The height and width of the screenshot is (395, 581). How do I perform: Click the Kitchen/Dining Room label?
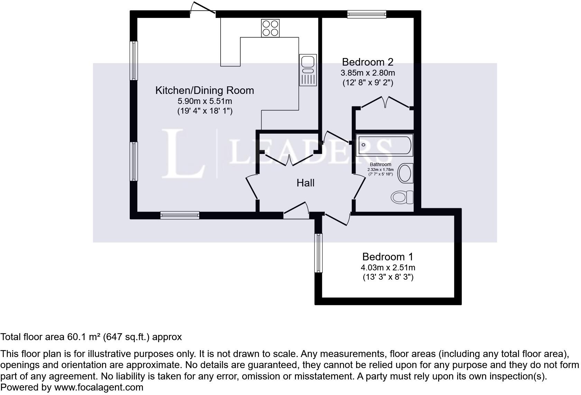[x=204, y=90]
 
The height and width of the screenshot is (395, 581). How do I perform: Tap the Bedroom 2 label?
[x=368, y=62]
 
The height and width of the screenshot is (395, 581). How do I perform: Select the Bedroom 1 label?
[x=388, y=257]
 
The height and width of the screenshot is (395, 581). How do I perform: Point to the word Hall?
[x=305, y=183]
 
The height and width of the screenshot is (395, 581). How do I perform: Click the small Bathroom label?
[x=380, y=164]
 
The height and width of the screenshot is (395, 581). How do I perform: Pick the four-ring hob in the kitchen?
[x=270, y=28]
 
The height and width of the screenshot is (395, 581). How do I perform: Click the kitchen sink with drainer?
[x=308, y=70]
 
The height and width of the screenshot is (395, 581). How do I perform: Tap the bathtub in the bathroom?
[x=385, y=145]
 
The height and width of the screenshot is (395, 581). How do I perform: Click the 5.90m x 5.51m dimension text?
[x=204, y=101]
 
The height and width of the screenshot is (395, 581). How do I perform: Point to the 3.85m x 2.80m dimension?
[x=368, y=73]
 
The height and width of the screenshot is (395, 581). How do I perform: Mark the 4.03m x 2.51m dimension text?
[x=388, y=268]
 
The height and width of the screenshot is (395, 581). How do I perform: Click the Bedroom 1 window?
[x=318, y=253]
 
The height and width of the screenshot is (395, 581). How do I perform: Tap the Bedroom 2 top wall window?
[x=367, y=14]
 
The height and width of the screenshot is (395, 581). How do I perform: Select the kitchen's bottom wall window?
[x=180, y=215]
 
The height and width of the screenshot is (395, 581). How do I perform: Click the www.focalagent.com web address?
[x=99, y=387]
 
